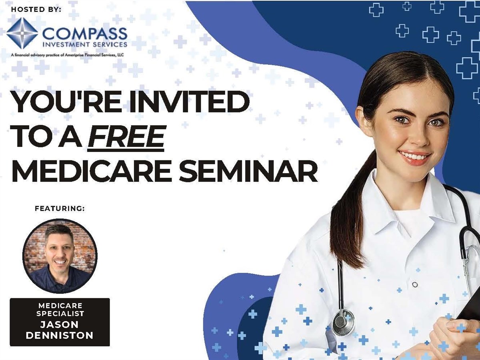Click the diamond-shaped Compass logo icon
(x=22, y=33)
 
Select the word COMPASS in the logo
(x=85, y=34)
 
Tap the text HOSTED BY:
(x=36, y=9)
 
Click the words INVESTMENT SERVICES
(x=85, y=44)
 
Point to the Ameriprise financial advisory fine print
(x=68, y=55)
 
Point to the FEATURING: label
(x=60, y=208)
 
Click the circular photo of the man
(x=60, y=256)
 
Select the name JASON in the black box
(x=60, y=324)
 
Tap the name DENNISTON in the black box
(x=60, y=336)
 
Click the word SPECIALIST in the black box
(x=60, y=314)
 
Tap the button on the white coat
(x=415, y=284)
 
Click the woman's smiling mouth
(x=414, y=156)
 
